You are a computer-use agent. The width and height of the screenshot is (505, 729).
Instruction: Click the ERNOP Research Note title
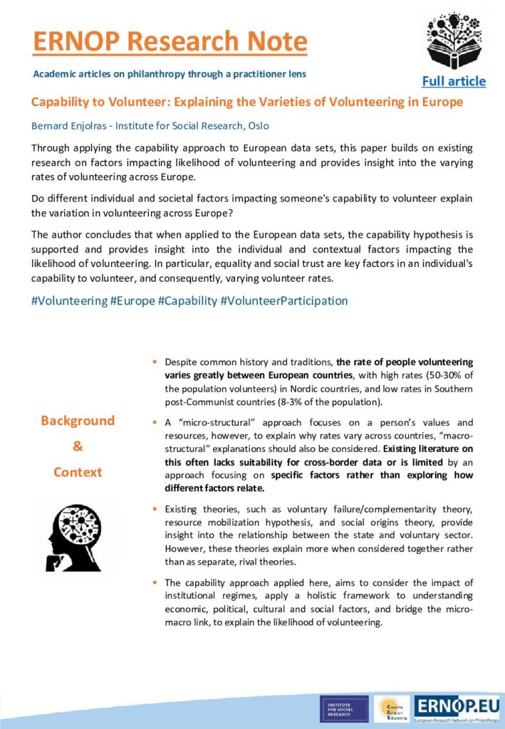(x=170, y=42)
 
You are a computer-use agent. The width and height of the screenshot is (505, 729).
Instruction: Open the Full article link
(x=454, y=80)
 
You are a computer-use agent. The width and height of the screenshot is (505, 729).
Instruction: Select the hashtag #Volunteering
(x=69, y=300)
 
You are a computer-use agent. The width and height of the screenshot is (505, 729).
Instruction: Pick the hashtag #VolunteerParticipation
(x=284, y=300)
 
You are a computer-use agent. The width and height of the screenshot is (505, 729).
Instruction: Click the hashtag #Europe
(x=132, y=300)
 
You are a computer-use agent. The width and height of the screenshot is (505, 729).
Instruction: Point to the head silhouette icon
(x=77, y=536)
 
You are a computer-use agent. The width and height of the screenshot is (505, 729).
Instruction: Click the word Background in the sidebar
(x=78, y=421)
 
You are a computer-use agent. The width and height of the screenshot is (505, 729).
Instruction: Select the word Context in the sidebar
(x=78, y=472)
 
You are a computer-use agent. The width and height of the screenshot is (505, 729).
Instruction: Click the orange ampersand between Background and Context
(x=78, y=446)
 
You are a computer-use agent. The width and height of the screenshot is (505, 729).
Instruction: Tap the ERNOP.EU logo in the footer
(x=457, y=708)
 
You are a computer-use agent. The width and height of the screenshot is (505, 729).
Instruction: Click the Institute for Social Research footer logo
(x=344, y=709)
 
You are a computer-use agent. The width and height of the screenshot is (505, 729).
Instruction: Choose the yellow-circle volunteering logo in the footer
(x=392, y=709)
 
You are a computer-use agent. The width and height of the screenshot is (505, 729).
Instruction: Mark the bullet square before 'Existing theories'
(x=155, y=510)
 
